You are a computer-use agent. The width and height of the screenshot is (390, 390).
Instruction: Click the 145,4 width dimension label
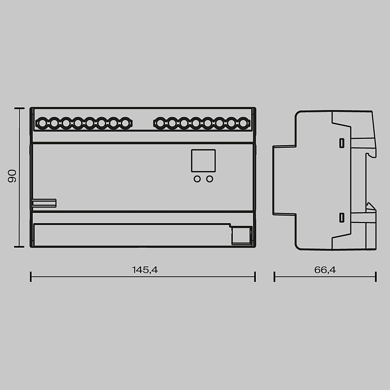(144, 269)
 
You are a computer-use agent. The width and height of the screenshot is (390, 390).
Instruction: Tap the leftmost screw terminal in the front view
(42, 124)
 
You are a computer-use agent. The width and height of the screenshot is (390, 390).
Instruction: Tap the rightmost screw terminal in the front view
(243, 124)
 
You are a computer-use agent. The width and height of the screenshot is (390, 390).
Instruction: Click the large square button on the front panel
(203, 161)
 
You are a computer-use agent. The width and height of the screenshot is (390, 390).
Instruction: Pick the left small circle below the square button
(197, 179)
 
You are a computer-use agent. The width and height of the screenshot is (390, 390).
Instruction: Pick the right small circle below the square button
(210, 179)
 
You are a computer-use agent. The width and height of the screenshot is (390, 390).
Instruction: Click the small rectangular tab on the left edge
(44, 203)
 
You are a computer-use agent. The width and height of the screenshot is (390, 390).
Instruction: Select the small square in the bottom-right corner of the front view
(240, 236)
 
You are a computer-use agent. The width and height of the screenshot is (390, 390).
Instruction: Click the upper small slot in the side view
(342, 143)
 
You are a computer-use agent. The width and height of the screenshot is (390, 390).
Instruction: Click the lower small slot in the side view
(342, 217)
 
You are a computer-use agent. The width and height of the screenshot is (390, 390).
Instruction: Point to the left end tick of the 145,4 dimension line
(31, 277)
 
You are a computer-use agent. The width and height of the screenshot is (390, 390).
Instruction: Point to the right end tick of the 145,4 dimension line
(255, 277)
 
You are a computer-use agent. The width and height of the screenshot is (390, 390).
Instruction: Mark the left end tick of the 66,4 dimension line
(275, 277)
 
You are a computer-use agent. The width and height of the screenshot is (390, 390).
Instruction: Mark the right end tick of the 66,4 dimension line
(376, 277)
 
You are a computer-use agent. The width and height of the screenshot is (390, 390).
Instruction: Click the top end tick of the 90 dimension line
(17, 109)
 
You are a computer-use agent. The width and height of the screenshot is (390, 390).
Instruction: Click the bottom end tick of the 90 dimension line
(17, 246)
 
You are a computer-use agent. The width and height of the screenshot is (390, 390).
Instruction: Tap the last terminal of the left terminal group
(125, 124)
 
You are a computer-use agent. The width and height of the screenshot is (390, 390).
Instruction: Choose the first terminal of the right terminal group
(160, 124)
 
